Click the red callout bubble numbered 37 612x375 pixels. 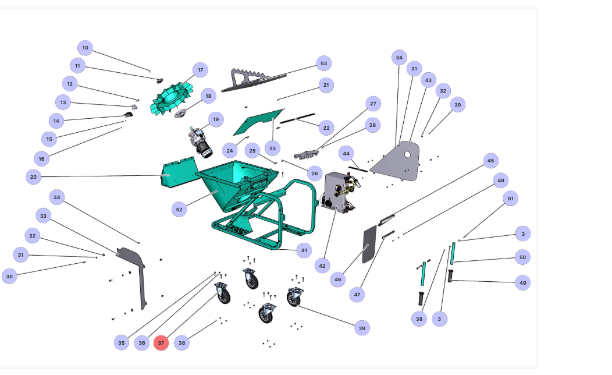click(x=161, y=343)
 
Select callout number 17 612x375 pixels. click(x=200, y=70)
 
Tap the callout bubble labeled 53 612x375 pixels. click(x=324, y=63)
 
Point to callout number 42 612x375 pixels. click(x=322, y=266)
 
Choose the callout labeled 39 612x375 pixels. click(x=362, y=328)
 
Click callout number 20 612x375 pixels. click(x=34, y=176)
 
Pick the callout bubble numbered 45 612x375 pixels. click(x=490, y=161)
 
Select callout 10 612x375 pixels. click(x=85, y=48)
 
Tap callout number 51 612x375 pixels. click(x=511, y=199)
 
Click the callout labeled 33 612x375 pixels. click(x=43, y=216)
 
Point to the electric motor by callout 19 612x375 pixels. click(x=200, y=143)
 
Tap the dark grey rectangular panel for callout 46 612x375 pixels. click(x=367, y=245)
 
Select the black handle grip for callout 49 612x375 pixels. click(x=450, y=275)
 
